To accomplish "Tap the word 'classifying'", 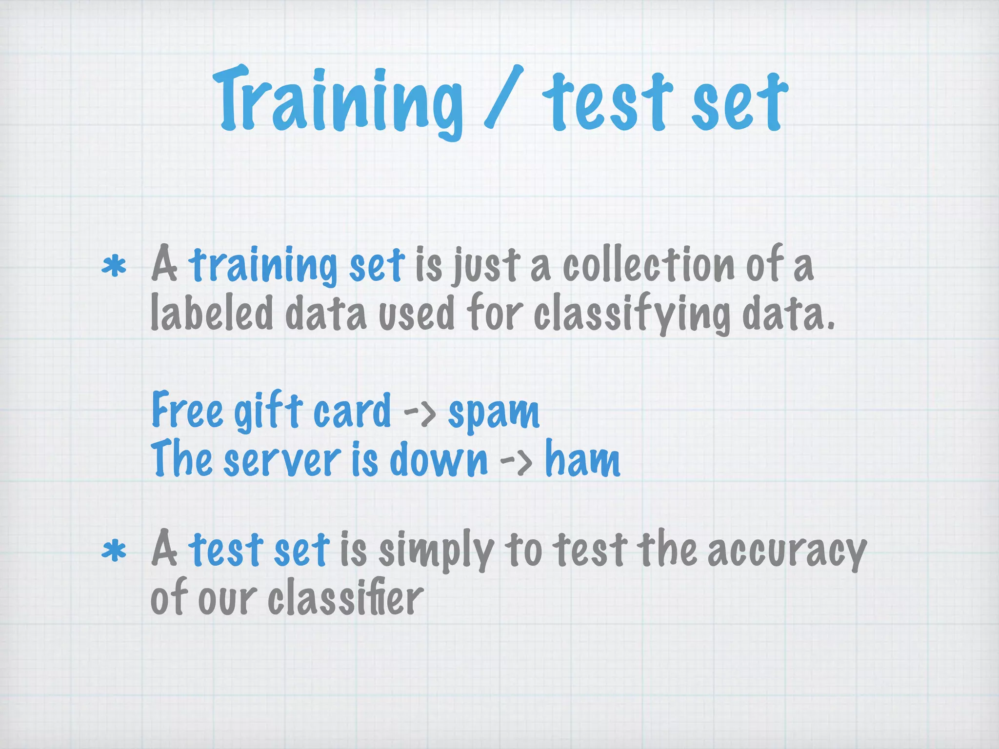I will tap(632, 315).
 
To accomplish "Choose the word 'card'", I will tap(352, 411).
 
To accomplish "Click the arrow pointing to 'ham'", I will tap(516, 461).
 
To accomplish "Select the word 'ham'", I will tap(582, 459).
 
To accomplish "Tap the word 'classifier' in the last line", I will tap(345, 598).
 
